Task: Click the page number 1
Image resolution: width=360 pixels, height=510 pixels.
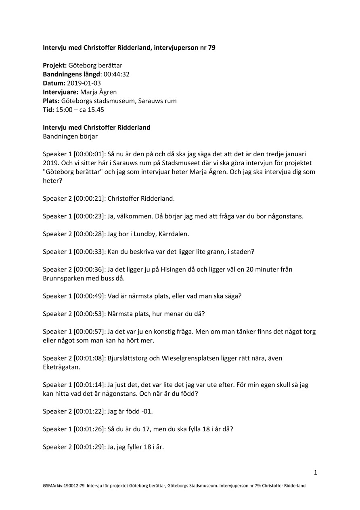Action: [x=316, y=472]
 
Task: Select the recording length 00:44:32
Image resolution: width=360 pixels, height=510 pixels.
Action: [x=116, y=74]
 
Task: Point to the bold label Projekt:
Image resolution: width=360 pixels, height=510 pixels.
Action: [x=55, y=65]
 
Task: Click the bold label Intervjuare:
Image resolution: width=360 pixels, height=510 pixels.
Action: [x=60, y=92]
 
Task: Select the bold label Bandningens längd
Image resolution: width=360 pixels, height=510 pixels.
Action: [x=71, y=74]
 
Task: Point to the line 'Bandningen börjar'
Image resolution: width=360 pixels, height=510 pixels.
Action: [x=70, y=136]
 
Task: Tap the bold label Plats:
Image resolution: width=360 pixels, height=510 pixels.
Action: [x=51, y=101]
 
